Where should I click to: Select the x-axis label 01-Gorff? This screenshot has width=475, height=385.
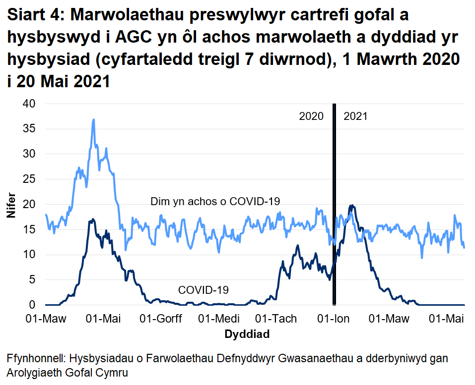pyautogui.click(x=161, y=318)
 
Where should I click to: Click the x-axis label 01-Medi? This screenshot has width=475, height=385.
pyautogui.click(x=219, y=318)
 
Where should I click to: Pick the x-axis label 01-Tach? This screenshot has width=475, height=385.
pyautogui.click(x=276, y=318)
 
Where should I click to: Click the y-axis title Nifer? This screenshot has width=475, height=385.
pyautogui.click(x=11, y=205)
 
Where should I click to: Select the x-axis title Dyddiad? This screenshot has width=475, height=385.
pyautogui.click(x=247, y=334)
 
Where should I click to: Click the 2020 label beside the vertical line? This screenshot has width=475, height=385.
pyautogui.click(x=311, y=116)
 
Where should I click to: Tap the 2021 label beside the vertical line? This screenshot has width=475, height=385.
pyautogui.click(x=355, y=116)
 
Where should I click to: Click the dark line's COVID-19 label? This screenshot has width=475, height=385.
pyautogui.click(x=204, y=290)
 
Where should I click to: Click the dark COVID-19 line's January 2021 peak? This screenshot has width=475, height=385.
pyautogui.click(x=352, y=206)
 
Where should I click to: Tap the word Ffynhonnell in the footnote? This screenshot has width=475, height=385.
pyautogui.click(x=36, y=358)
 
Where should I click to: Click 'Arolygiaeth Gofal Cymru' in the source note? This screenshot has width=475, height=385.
pyautogui.click(x=68, y=372)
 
